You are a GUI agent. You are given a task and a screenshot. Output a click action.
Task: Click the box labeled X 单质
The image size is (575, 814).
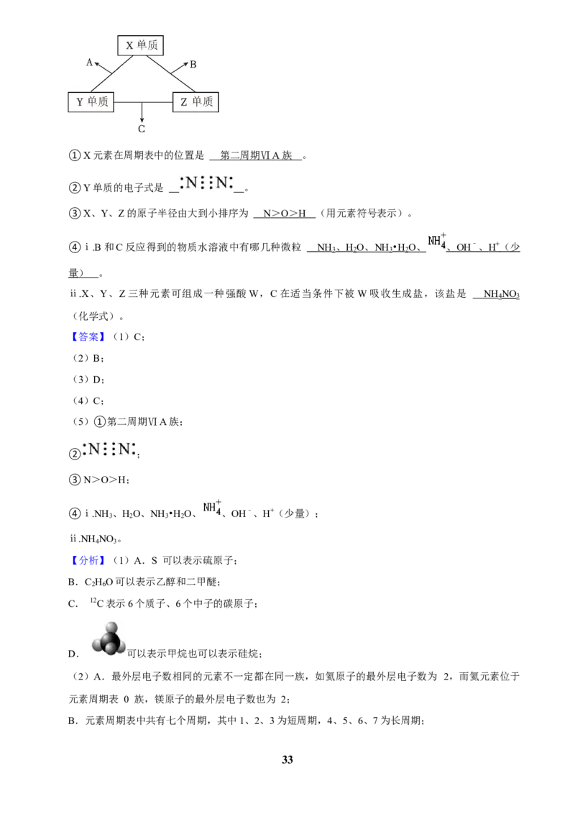pyautogui.click(x=141, y=45)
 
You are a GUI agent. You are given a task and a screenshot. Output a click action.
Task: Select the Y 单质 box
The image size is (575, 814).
pyautogui.click(x=91, y=102)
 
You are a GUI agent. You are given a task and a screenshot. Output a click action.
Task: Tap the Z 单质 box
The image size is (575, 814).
pyautogui.click(x=195, y=102)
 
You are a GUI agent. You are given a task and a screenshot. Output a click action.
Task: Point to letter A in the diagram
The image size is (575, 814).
pyautogui.click(x=89, y=63)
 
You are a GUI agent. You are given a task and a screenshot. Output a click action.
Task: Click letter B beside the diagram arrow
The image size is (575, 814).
pyautogui.click(x=193, y=65)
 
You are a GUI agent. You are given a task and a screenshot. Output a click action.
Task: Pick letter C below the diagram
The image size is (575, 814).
pyautogui.click(x=142, y=129)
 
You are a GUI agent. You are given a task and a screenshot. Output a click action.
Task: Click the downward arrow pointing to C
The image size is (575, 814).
pyautogui.click(x=142, y=111)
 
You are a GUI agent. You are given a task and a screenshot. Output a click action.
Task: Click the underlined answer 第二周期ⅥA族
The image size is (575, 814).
pyautogui.click(x=256, y=155)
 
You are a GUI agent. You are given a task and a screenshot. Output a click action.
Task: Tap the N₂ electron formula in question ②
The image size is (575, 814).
pyautogui.click(x=206, y=183)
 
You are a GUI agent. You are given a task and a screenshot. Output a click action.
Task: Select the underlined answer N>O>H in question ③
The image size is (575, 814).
pyautogui.click(x=285, y=214)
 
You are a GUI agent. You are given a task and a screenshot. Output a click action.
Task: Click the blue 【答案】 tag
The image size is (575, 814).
pyautogui.click(x=87, y=337)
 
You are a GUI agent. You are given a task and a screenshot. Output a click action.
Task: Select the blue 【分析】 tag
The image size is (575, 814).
pyautogui.click(x=87, y=560)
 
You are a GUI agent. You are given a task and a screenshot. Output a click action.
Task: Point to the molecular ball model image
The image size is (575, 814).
pyautogui.click(x=109, y=639)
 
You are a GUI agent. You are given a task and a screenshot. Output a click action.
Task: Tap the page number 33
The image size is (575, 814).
pyautogui.click(x=287, y=759)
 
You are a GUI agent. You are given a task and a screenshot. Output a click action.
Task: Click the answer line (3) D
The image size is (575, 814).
pyautogui.click(x=88, y=380)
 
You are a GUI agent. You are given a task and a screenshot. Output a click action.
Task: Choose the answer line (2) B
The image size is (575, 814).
pyautogui.click(x=88, y=358)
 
